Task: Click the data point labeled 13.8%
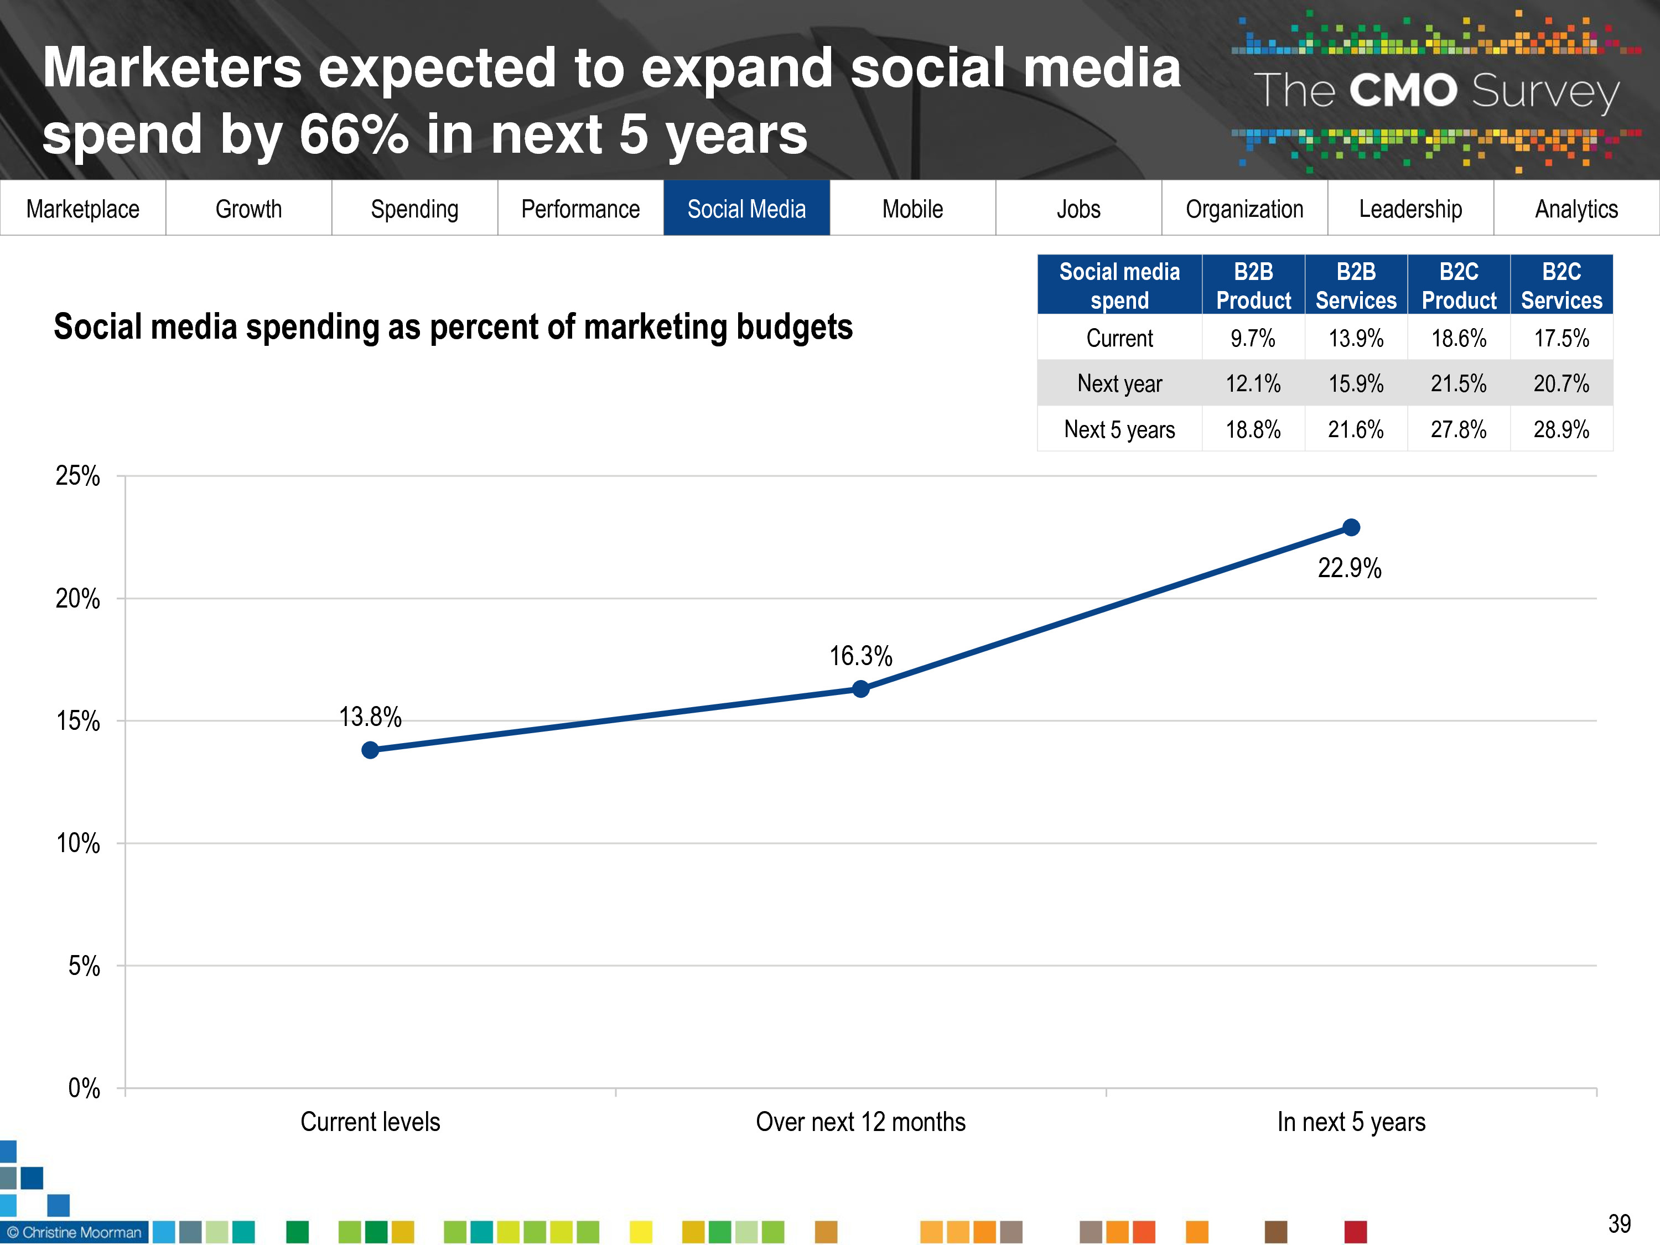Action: [370, 750]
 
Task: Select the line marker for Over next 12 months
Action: [861, 689]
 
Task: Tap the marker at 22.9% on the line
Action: [1351, 527]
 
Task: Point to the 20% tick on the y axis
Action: [78, 599]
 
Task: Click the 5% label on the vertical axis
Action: [84, 966]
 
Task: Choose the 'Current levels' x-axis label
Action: [370, 1122]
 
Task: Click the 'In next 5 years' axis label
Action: [1351, 1122]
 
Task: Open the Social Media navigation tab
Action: [746, 209]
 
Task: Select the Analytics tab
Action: [1576, 209]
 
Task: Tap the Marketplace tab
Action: [82, 209]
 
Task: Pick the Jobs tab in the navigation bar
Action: [1078, 209]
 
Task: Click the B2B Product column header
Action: [1253, 285]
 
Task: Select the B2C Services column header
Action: [1561, 285]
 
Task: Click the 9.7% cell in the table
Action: [1253, 339]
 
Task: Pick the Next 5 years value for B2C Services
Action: [1561, 429]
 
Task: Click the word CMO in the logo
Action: [1403, 91]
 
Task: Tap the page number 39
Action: [1620, 1224]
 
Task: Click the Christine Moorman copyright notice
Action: [74, 1232]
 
